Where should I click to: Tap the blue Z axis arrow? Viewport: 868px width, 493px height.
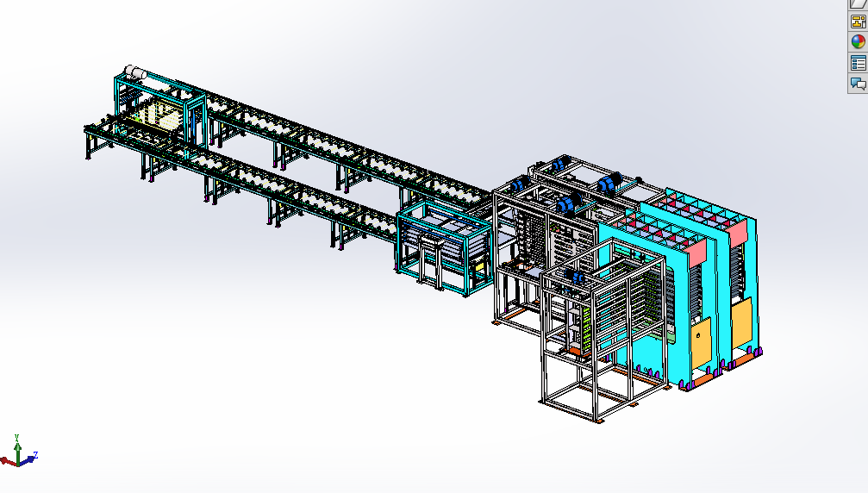click(27, 460)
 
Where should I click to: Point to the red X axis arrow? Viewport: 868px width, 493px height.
click(9, 461)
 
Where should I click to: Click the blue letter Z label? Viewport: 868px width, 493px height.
click(35, 455)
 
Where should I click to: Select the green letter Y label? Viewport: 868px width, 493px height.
click(16, 437)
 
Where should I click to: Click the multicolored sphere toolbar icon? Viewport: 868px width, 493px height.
click(858, 41)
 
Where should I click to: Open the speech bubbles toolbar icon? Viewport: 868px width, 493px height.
click(859, 84)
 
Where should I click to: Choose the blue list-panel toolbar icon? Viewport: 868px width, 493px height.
click(858, 63)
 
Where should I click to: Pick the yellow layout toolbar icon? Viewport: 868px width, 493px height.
click(858, 22)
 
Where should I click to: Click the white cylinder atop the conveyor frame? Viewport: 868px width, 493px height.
click(135, 72)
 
